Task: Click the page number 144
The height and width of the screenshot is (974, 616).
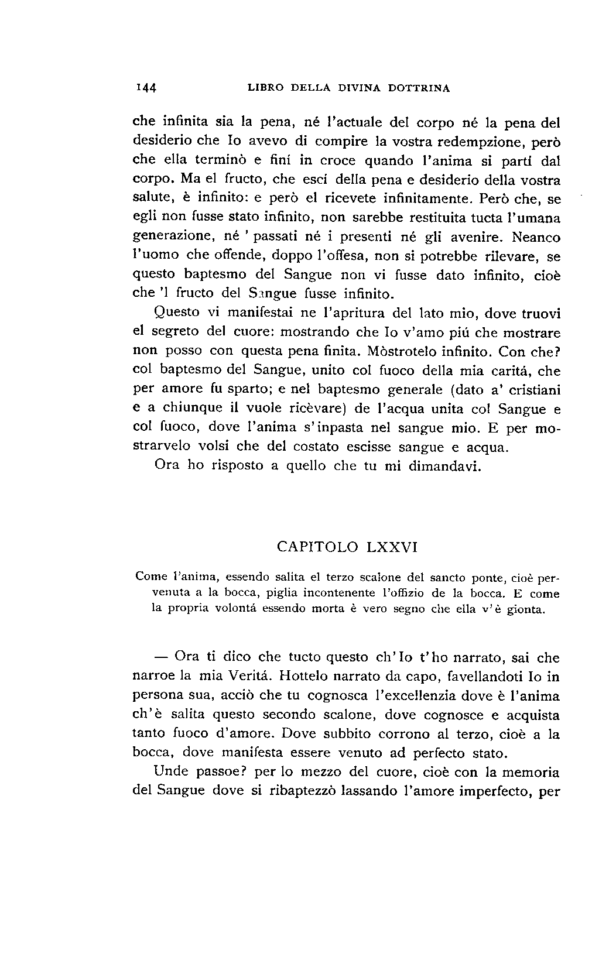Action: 145,88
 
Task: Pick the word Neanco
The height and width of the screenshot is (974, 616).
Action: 535,238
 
